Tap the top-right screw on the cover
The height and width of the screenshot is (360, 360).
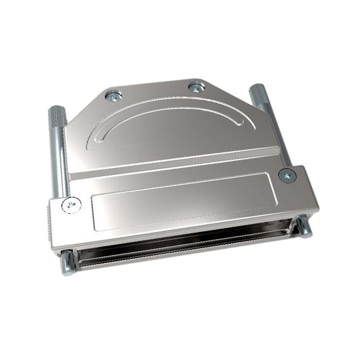195,87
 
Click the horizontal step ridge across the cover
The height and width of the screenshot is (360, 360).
174,164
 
